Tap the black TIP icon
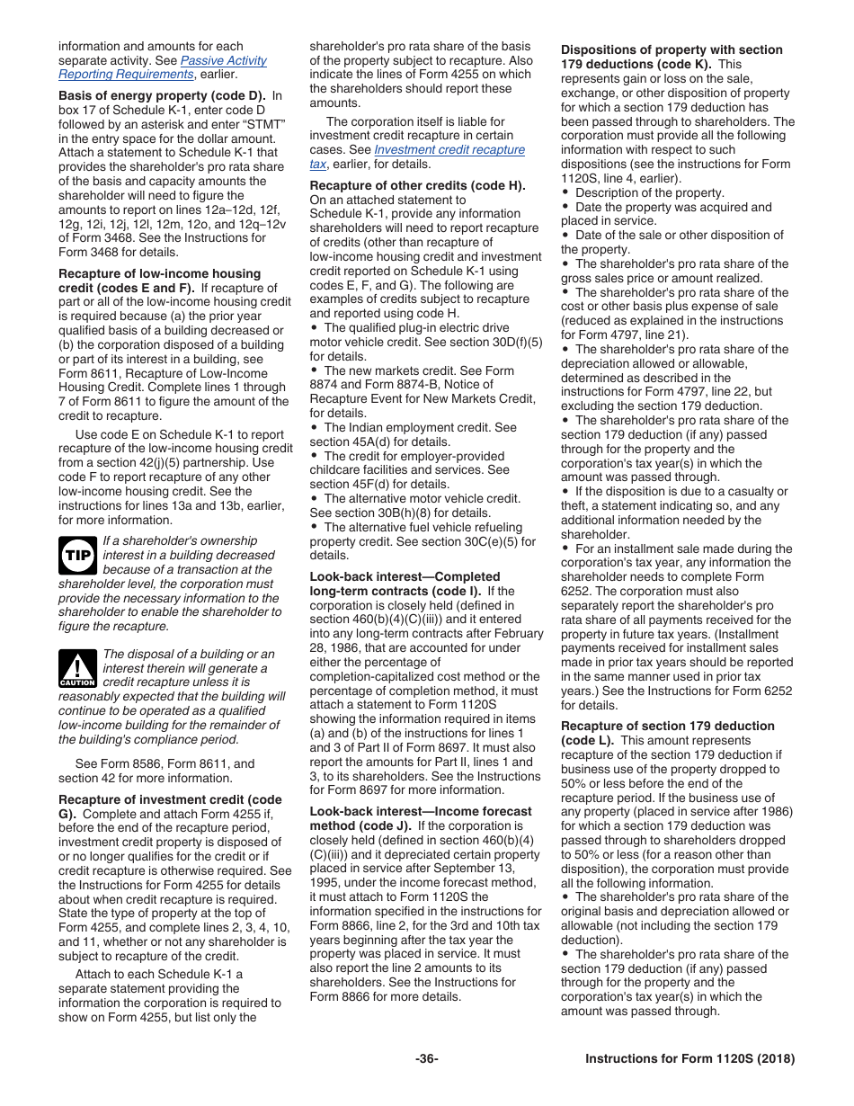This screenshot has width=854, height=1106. pyautogui.click(x=77, y=556)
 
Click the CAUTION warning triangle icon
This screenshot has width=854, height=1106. pyautogui.click(x=77, y=669)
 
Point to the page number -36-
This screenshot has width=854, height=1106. pyautogui.click(x=427, y=1058)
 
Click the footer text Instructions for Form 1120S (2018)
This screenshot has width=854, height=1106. pyautogui.click(x=689, y=1058)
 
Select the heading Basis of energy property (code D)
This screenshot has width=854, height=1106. pyautogui.click(x=163, y=96)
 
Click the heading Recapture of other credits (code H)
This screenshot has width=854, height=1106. pyautogui.click(x=417, y=185)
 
